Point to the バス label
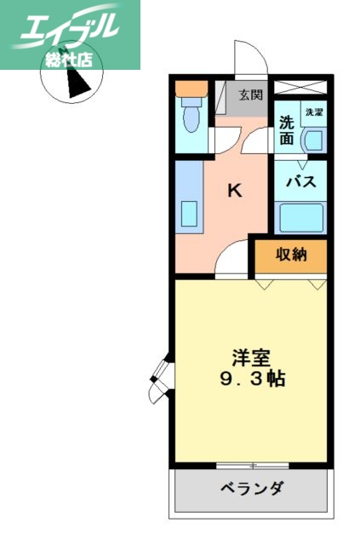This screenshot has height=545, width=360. pos(300,181)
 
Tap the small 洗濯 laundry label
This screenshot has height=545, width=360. pos(315,112)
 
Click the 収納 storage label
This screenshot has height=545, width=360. pos(291,254)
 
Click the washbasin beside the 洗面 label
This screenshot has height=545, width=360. pos(314,141)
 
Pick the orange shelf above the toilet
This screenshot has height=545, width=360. pos(191,87)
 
